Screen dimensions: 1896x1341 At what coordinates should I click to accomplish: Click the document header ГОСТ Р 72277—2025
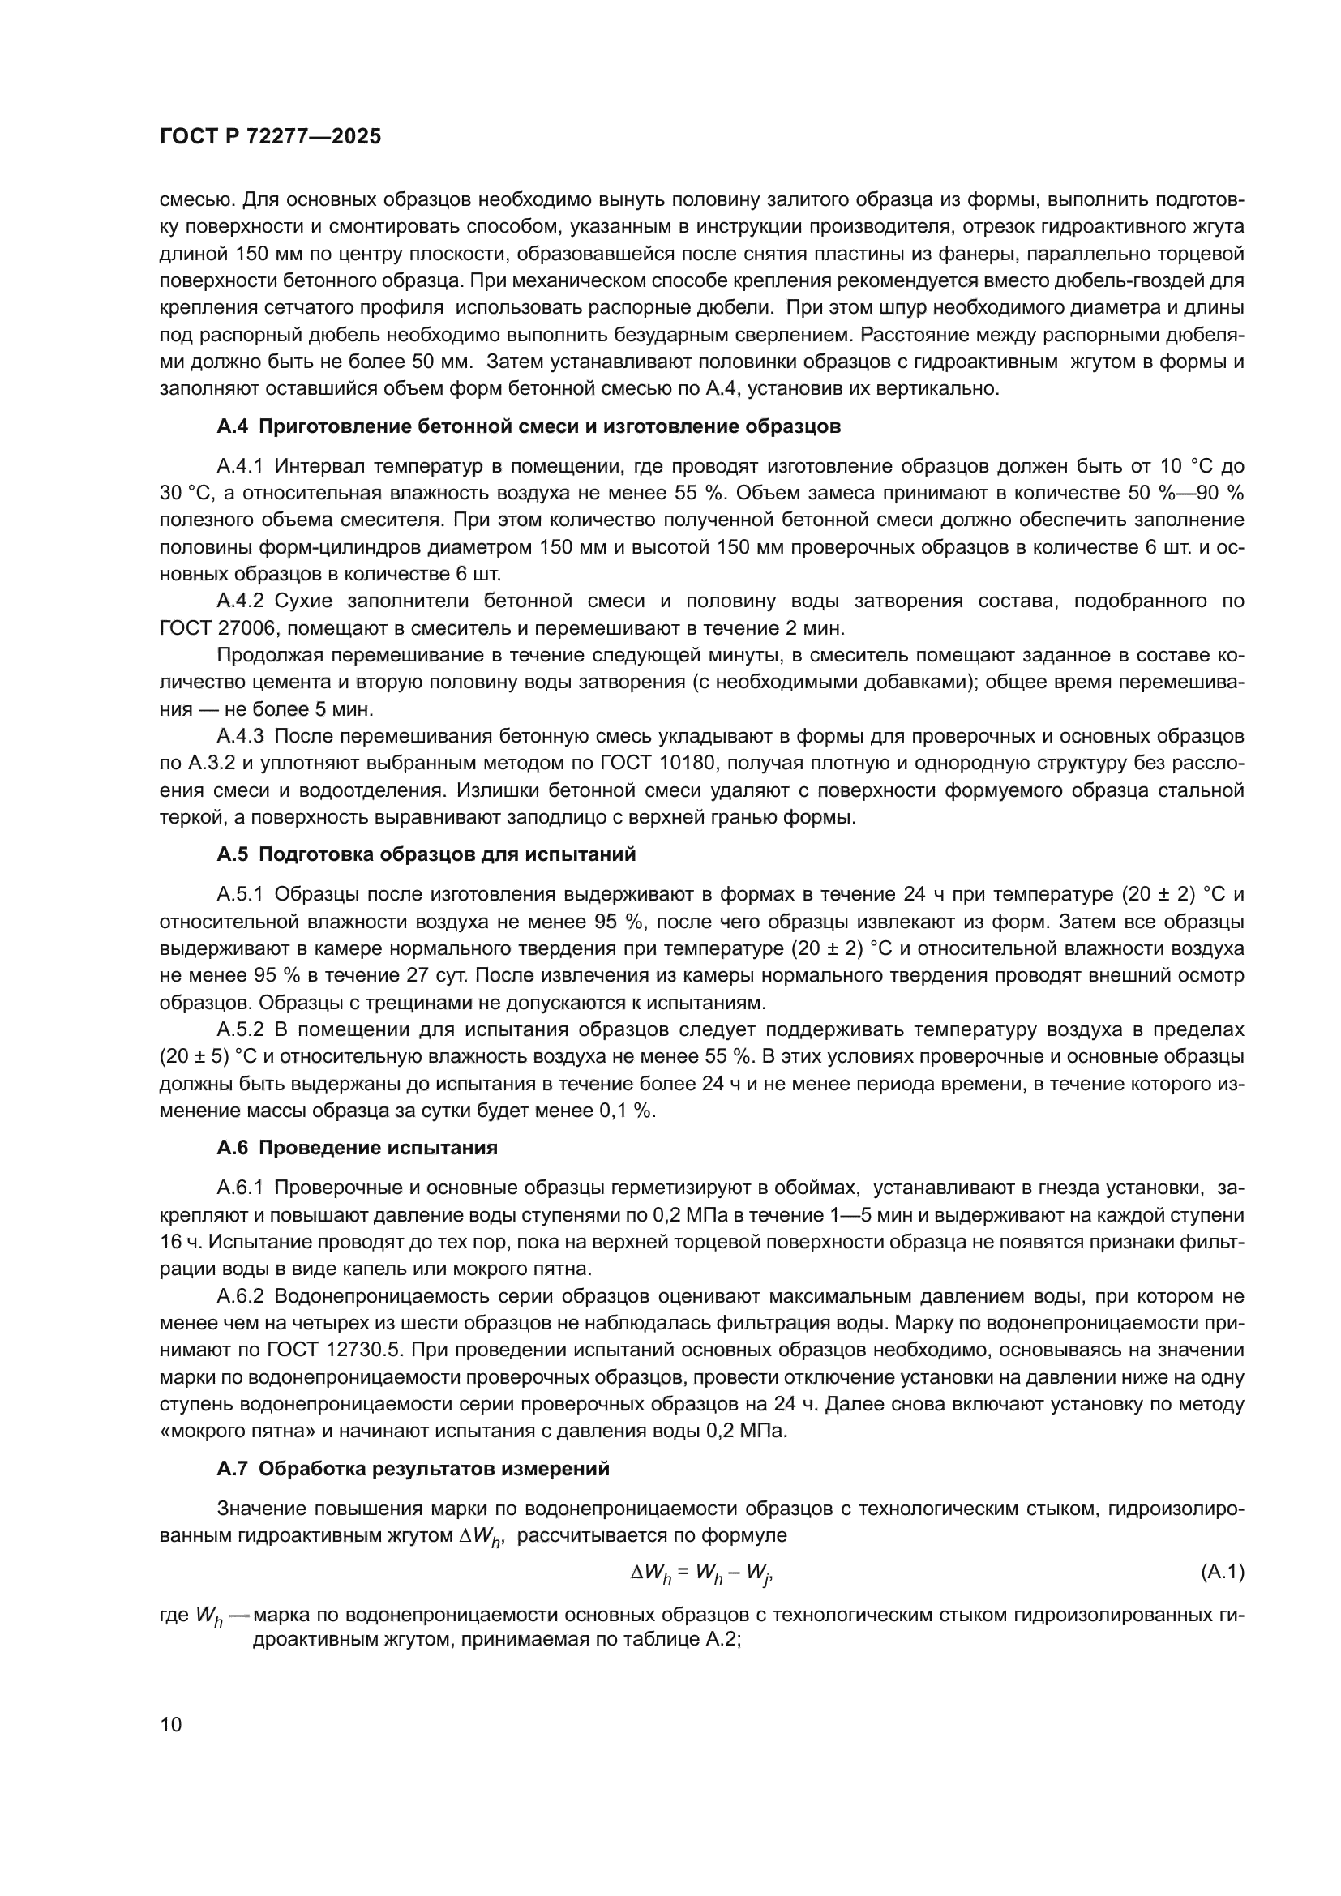(270, 137)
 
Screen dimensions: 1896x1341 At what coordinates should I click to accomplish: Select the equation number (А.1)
(1221, 1573)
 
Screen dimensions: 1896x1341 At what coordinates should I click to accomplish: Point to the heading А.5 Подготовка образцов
(426, 854)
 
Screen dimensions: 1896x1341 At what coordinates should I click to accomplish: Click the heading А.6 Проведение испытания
(357, 1148)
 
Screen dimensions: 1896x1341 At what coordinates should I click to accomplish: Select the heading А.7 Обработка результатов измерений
(413, 1469)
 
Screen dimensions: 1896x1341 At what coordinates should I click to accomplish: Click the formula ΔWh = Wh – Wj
(701, 1574)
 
